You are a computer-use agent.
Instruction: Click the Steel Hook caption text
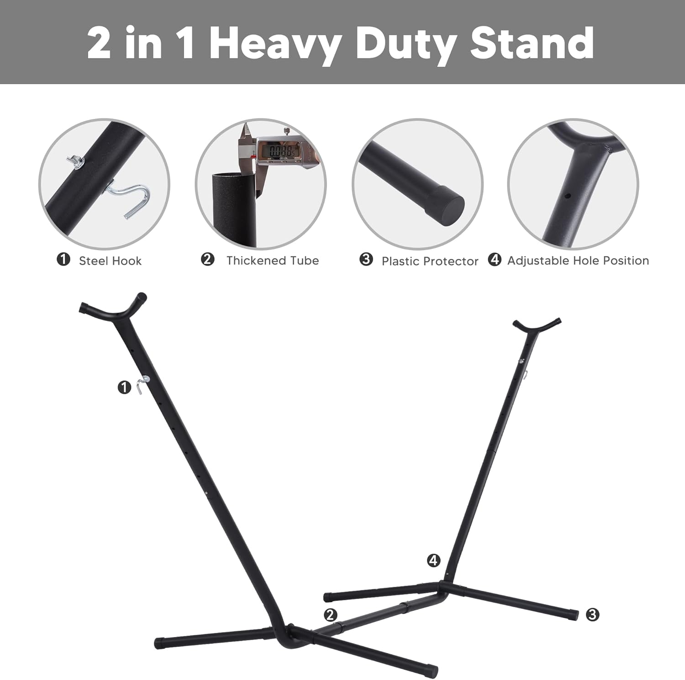(110, 261)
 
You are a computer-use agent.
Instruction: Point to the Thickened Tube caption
(273, 260)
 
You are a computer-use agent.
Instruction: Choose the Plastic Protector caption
(430, 261)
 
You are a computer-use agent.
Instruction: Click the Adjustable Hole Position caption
(578, 261)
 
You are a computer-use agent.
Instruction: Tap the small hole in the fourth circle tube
(568, 196)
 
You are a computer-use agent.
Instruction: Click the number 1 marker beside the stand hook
(124, 388)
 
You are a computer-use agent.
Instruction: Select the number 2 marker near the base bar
(331, 614)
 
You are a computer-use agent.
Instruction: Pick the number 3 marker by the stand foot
(592, 614)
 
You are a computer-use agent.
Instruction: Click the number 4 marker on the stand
(433, 560)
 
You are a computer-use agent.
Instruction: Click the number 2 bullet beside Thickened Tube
(207, 259)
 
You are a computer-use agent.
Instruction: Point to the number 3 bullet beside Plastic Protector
(366, 259)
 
